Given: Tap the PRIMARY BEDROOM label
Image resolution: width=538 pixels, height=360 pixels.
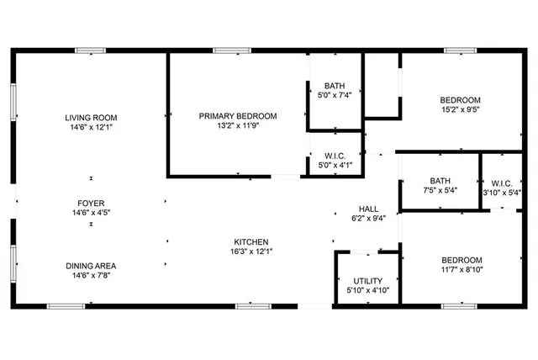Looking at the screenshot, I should click(x=238, y=116).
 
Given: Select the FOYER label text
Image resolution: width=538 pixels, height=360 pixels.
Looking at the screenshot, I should click(x=92, y=203).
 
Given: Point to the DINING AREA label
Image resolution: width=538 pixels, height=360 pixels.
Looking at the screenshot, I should click(x=92, y=266).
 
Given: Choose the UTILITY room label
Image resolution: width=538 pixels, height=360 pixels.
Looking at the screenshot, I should click(x=368, y=281).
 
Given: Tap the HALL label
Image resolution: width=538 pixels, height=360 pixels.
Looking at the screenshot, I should click(x=368, y=209).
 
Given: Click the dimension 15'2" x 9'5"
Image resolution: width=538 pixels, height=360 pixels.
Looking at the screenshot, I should click(x=461, y=109).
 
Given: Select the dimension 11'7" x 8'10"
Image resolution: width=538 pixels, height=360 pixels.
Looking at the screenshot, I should click(x=461, y=270).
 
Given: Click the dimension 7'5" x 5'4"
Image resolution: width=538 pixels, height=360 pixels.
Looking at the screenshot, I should click(x=440, y=191).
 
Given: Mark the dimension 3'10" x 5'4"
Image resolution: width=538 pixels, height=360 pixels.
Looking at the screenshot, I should click(x=502, y=192).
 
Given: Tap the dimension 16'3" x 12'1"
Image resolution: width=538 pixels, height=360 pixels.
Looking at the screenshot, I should click(x=252, y=251).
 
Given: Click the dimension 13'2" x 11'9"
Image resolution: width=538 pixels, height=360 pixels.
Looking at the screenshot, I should click(x=238, y=127).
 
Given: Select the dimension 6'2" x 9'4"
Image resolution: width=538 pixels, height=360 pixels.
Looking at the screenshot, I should click(x=368, y=220).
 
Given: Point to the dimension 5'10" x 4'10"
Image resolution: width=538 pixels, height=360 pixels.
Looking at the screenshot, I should click(x=368, y=291).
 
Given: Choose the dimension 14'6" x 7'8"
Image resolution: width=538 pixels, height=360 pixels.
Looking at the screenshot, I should click(x=92, y=276).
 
